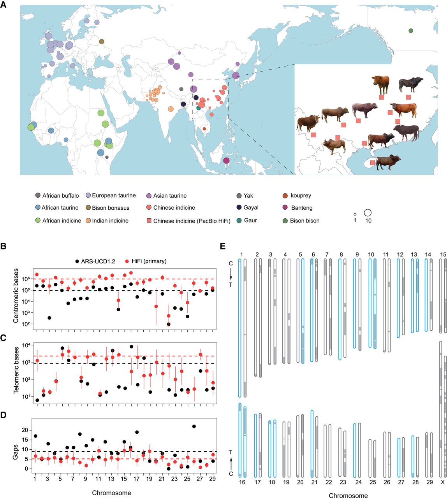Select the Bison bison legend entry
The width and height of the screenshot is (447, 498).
click(x=304, y=221)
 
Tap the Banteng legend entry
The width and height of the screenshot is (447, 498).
click(x=302, y=208)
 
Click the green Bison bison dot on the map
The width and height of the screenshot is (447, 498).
click(x=411, y=31)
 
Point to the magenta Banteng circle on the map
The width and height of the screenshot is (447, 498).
click(x=226, y=161)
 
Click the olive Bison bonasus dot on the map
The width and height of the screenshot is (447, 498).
click(x=102, y=42)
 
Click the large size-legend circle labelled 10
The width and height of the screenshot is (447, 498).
click(x=368, y=213)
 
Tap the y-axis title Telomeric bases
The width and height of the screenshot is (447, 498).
click(x=17, y=373)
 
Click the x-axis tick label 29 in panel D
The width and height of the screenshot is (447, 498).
click(x=212, y=478)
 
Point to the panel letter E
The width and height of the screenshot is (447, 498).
click(x=222, y=246)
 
